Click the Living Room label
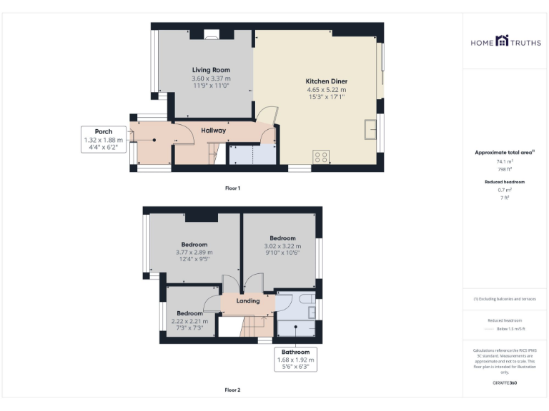click(x=211, y=70)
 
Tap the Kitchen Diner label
click(x=326, y=81)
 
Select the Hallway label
click(x=213, y=131)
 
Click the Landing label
click(x=248, y=300)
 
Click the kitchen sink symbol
click(x=371, y=130)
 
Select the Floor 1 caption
click(x=232, y=188)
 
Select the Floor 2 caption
click(x=232, y=390)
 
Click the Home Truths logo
click(x=505, y=42)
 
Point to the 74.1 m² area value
click(x=505, y=161)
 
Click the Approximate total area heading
click(x=505, y=153)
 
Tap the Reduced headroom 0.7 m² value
click(x=505, y=190)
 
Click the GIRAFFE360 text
click(x=505, y=383)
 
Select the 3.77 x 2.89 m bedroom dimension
click(x=194, y=252)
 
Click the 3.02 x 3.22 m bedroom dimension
click(x=282, y=245)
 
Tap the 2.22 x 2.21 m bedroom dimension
click(x=189, y=321)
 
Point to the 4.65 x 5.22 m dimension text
click(x=326, y=90)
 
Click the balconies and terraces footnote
click(x=505, y=299)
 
